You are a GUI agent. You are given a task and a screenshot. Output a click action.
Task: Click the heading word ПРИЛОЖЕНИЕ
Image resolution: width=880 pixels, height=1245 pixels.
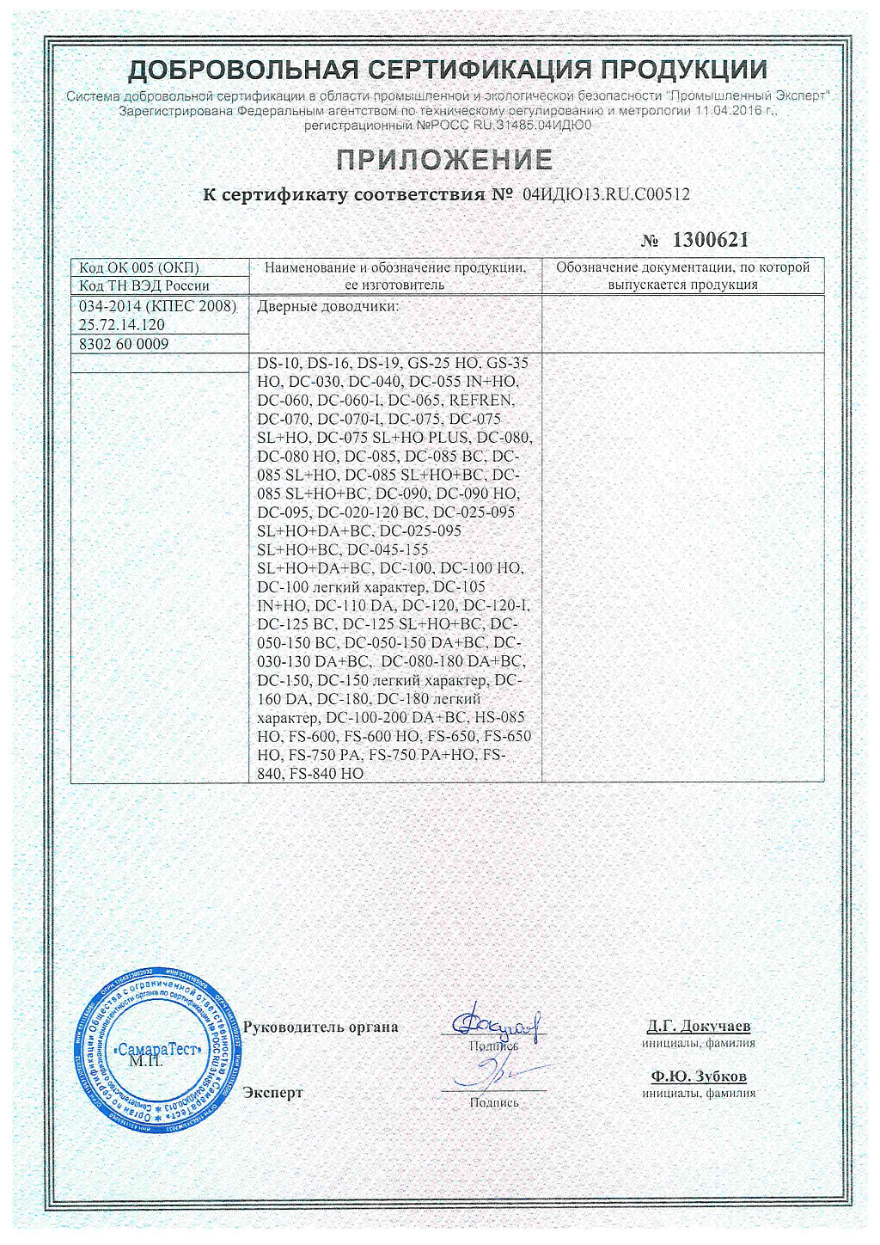pyautogui.click(x=443, y=160)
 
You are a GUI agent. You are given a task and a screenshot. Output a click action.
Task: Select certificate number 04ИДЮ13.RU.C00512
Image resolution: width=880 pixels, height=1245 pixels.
pyautogui.click(x=606, y=195)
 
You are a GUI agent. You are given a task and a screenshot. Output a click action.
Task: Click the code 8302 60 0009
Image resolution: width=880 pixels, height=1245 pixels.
pyautogui.click(x=124, y=344)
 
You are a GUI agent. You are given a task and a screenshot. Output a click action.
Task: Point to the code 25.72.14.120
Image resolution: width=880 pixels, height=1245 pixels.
pyautogui.click(x=121, y=325)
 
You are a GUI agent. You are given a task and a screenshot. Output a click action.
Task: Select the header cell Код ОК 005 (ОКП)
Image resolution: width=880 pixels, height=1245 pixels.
pyautogui.click(x=139, y=267)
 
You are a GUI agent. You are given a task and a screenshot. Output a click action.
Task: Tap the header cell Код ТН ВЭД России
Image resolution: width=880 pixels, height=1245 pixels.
pyautogui.click(x=144, y=285)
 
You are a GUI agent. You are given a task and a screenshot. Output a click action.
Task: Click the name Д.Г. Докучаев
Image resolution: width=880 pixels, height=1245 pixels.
pyautogui.click(x=699, y=1026)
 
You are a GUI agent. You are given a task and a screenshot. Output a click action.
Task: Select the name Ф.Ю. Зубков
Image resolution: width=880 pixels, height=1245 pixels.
pyautogui.click(x=699, y=1076)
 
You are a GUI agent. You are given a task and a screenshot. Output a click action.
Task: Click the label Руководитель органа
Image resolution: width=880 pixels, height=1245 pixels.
pyautogui.click(x=321, y=1027)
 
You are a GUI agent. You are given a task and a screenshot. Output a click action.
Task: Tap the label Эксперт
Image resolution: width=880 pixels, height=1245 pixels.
pyautogui.click(x=273, y=1093)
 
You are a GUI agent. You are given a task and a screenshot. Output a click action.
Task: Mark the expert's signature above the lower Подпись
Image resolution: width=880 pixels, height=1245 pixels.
pyautogui.click(x=486, y=1074)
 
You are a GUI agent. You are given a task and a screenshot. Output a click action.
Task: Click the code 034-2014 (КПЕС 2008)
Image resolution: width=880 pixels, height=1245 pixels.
pyautogui.click(x=157, y=307)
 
